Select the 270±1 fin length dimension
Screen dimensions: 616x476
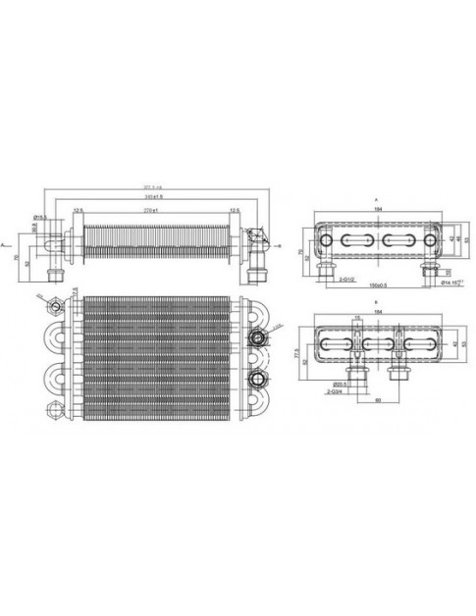(150, 211)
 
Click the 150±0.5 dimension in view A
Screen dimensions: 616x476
(377, 284)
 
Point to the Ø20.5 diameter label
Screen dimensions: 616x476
(339, 383)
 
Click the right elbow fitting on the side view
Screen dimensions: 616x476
(256, 241)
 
